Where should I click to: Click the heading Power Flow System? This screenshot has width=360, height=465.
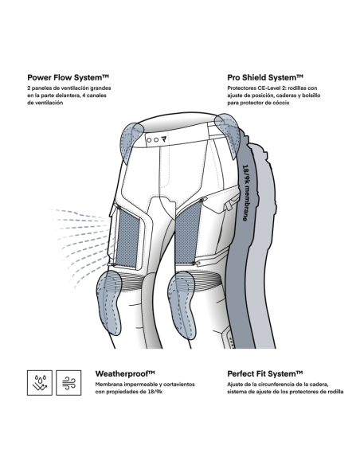pos(68,78)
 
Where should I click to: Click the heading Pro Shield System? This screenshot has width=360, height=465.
pos(265,78)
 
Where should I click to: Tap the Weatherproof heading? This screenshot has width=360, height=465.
pos(125,373)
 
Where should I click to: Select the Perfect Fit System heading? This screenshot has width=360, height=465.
pos(264,373)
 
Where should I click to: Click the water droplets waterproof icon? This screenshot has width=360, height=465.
pos(40,382)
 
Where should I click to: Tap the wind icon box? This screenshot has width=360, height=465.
pos(68,382)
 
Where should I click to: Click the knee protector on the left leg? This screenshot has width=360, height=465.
pos(109,302)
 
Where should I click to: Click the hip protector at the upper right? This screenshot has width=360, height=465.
pos(229,134)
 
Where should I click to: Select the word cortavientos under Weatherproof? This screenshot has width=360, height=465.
pos(180,385)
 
